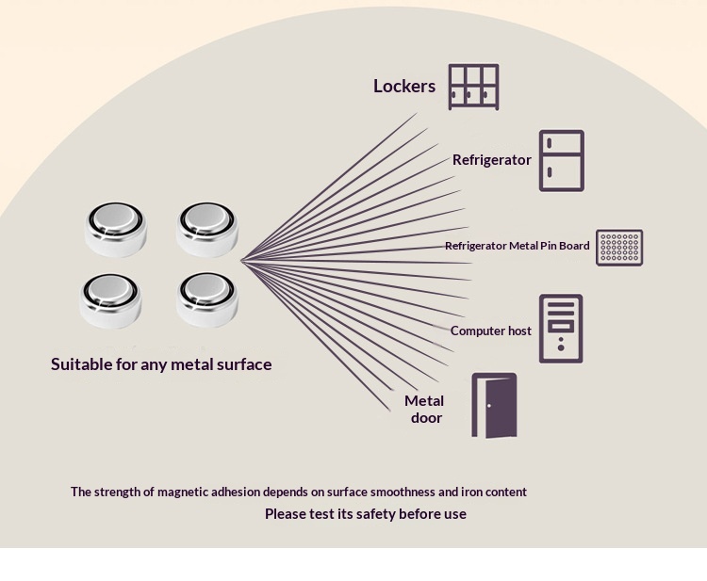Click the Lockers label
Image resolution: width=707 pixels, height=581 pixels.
[404, 86]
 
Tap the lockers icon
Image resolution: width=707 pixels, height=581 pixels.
[473, 87]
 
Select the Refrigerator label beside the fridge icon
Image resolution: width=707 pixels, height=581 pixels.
[491, 160]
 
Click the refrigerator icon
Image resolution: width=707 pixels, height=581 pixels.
[562, 161]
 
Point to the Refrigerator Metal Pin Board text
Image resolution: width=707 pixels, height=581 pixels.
[518, 246]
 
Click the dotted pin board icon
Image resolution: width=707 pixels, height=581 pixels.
[619, 248]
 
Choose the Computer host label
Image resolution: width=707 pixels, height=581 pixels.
[490, 331]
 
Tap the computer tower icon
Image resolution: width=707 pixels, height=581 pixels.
[561, 329]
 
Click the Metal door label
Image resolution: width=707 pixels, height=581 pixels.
[424, 409]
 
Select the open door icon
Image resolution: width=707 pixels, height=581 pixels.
[494, 405]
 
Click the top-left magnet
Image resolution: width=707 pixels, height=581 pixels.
[115, 229]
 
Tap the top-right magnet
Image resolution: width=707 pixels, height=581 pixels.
[207, 229]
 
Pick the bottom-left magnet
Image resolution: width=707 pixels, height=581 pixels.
[110, 301]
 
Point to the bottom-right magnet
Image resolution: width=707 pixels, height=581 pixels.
[207, 299]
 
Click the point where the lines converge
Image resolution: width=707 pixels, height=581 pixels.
[241, 260]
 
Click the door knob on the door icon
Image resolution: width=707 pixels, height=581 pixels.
[489, 406]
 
